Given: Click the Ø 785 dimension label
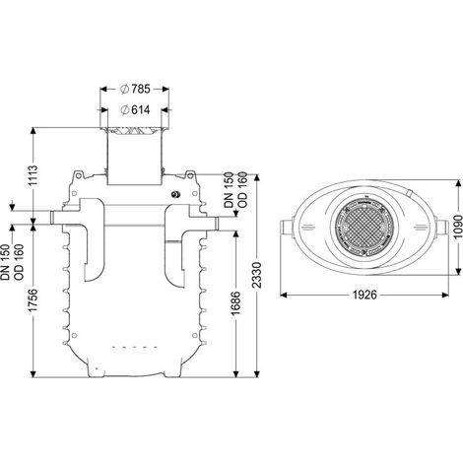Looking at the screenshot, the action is click(135, 89).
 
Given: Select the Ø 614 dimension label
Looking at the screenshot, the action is click(135, 109).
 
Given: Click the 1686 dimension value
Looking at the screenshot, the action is click(235, 302).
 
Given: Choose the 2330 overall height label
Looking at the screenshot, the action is click(258, 275).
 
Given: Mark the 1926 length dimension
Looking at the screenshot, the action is click(364, 295).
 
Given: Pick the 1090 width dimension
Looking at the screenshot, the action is click(457, 227).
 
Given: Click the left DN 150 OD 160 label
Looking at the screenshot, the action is click(13, 262).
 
